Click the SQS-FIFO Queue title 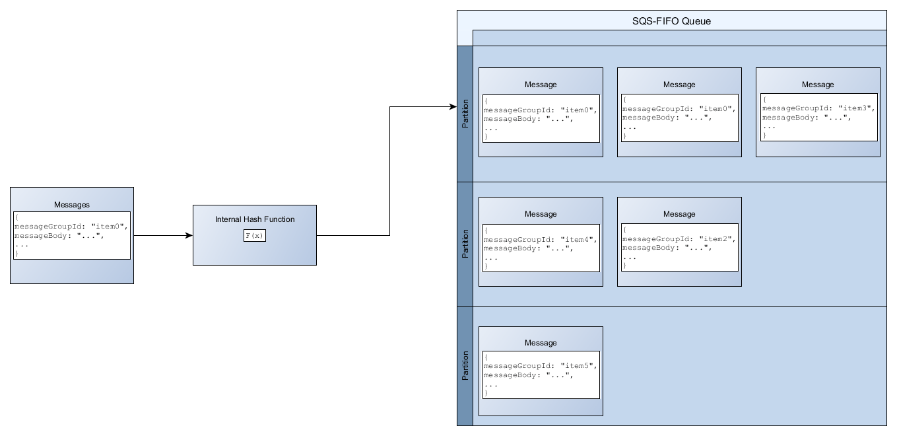pos(671,21)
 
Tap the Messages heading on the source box pos(71,205)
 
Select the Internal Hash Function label pos(255,219)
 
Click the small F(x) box pos(254,236)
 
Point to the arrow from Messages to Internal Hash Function pos(162,235)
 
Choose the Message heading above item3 pos(818,85)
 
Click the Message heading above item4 pos(541,214)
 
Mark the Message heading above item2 pos(679,214)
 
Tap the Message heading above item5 pos(541,343)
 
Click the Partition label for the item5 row pos(465,366)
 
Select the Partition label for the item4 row pos(465,244)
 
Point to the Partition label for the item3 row pos(465,114)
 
